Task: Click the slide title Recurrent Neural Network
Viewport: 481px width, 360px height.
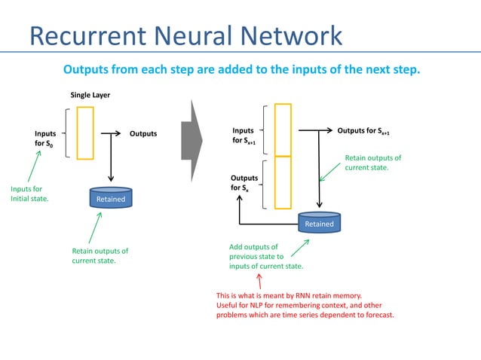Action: tap(185, 35)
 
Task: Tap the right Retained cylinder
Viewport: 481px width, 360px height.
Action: tap(319, 222)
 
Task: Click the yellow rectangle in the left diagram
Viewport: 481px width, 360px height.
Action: tap(85, 133)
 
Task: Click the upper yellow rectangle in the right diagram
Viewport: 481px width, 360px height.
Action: tap(283, 129)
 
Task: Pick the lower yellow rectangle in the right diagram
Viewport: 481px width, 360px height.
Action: tap(283, 182)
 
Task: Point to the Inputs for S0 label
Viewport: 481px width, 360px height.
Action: tap(45, 138)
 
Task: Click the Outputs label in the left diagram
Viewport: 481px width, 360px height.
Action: tap(143, 133)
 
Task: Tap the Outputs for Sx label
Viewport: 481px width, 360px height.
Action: tap(244, 183)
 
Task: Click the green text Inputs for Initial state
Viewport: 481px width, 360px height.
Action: tap(29, 194)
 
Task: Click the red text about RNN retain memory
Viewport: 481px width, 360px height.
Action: tap(305, 305)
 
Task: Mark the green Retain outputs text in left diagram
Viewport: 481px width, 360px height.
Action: tap(100, 255)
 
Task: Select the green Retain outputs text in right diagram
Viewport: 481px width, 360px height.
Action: tap(372, 163)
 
